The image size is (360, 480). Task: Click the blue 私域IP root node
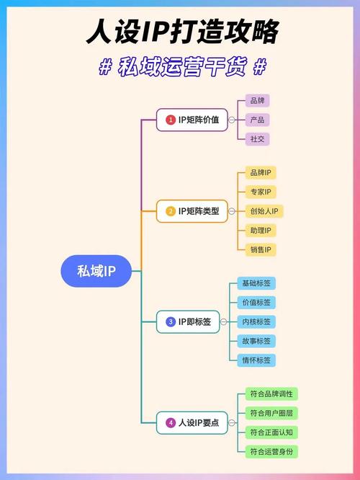click(96, 271)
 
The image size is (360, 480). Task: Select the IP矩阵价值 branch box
click(192, 120)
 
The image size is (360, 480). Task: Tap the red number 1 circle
click(171, 120)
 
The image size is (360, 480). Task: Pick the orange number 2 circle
click(171, 211)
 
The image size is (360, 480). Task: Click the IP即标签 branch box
click(188, 321)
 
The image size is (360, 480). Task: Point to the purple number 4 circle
click(171, 423)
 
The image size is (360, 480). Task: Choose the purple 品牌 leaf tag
click(257, 100)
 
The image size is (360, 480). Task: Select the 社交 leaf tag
click(257, 139)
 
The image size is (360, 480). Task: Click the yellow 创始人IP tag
click(264, 211)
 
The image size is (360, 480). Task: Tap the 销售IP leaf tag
click(261, 250)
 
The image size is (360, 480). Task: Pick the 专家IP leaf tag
click(261, 192)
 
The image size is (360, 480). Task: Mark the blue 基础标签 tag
click(256, 283)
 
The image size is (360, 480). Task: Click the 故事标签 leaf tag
click(256, 341)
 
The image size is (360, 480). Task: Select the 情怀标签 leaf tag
click(256, 360)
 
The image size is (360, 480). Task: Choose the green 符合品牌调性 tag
click(271, 394)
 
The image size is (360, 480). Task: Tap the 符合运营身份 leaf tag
click(271, 451)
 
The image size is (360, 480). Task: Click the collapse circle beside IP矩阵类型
click(232, 211)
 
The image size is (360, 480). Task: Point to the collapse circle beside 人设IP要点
click(232, 423)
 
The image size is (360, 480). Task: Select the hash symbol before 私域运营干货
click(105, 66)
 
